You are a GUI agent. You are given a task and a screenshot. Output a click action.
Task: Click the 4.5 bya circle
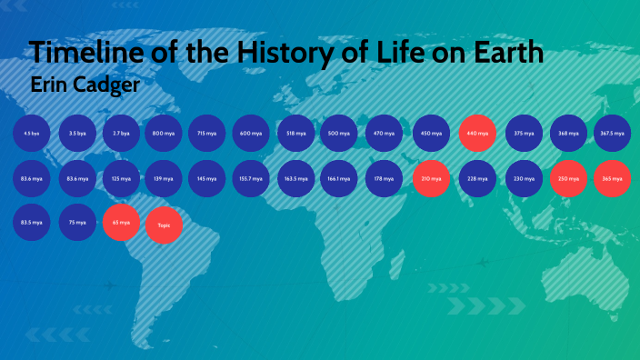(x=31, y=134)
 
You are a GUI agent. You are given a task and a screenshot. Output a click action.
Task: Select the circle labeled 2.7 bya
(x=121, y=134)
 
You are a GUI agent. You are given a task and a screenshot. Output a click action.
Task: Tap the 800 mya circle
(x=164, y=134)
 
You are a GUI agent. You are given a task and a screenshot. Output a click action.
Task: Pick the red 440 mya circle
(x=477, y=134)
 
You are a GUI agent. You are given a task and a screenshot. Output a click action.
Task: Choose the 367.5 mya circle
(x=612, y=134)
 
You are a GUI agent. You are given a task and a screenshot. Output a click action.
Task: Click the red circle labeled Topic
(x=164, y=224)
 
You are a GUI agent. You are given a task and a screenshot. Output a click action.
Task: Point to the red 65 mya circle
(x=121, y=223)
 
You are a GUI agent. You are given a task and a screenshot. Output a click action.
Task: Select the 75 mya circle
(x=77, y=223)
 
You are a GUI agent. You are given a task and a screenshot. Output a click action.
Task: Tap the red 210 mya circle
(x=431, y=178)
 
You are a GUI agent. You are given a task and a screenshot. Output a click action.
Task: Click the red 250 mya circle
(x=568, y=178)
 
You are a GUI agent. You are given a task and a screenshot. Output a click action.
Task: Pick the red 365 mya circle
(x=612, y=178)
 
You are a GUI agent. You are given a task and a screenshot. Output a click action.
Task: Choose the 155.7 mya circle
(x=252, y=178)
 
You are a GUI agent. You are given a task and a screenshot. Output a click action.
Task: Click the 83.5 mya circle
(x=31, y=223)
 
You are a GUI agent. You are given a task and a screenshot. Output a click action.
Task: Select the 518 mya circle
(x=295, y=134)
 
